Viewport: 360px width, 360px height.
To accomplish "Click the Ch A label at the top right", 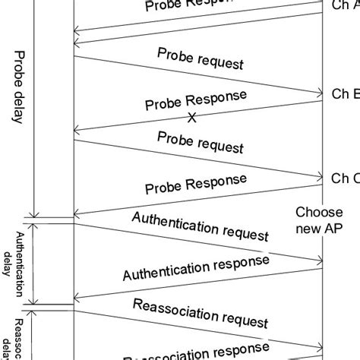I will tap(346, 6).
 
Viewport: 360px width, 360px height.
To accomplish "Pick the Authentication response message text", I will tap(196, 269).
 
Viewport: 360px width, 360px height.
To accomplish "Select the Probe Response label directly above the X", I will tap(195, 103).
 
